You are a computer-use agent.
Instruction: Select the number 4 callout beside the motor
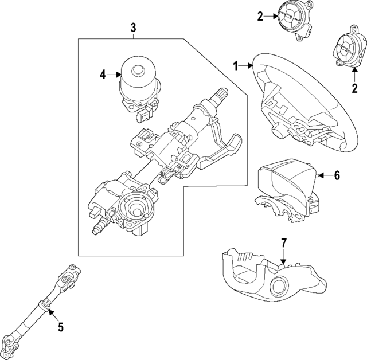click(103, 74)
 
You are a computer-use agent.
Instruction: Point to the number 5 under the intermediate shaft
click(61, 327)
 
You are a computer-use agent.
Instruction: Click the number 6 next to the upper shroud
click(337, 175)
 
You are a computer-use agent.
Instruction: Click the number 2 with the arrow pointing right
click(260, 17)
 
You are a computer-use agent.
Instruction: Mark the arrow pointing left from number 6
click(324, 175)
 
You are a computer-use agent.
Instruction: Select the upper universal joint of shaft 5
click(70, 277)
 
